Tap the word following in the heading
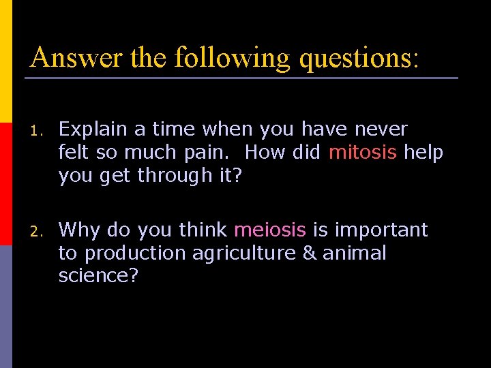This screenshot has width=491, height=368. [233, 58]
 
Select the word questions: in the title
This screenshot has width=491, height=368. [359, 58]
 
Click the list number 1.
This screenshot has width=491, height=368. [35, 129]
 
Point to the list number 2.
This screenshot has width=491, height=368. [35, 231]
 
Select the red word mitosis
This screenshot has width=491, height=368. [363, 152]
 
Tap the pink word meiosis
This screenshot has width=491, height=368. [270, 230]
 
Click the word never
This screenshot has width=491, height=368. [379, 129]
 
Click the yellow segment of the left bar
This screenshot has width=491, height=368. [6, 61]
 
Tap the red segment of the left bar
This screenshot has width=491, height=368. [6, 184]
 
